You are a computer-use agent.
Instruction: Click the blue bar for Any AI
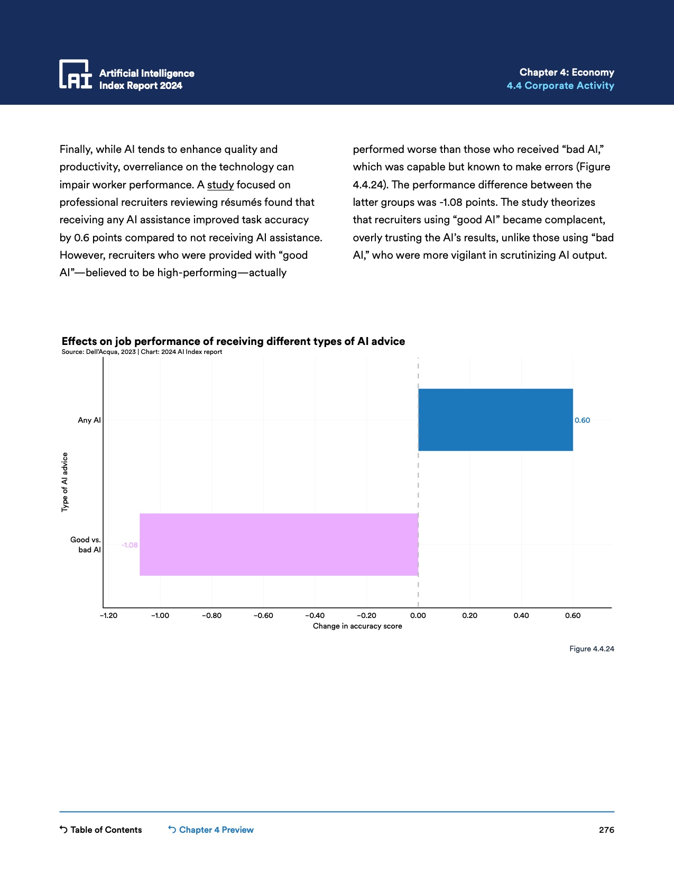coord(495,420)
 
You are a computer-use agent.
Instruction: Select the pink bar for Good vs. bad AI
coord(279,544)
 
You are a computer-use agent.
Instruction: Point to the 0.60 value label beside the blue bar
coord(582,420)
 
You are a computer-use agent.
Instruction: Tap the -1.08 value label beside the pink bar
coord(130,545)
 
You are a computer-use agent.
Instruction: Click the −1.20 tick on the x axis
coord(109,615)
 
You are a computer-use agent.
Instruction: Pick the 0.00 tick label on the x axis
coord(418,615)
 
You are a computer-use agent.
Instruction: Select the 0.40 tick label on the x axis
coord(521,615)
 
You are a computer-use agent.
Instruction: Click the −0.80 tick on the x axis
coord(212,615)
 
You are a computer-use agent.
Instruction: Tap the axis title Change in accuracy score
coord(357,626)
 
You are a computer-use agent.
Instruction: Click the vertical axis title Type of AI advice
coord(65,482)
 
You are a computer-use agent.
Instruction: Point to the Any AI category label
coord(89,420)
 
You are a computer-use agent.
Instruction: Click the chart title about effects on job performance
coord(233,341)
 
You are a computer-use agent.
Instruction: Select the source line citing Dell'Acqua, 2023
coord(142,352)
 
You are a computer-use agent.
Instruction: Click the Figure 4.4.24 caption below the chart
coord(592,649)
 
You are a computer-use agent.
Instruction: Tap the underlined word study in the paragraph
coord(220,185)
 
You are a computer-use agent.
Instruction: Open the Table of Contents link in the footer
coord(101,830)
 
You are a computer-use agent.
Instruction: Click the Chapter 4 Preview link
coord(211,830)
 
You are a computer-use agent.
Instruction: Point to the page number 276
coord(606,830)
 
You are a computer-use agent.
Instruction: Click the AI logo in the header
coord(76,74)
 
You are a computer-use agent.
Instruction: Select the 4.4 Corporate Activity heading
coord(560,86)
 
